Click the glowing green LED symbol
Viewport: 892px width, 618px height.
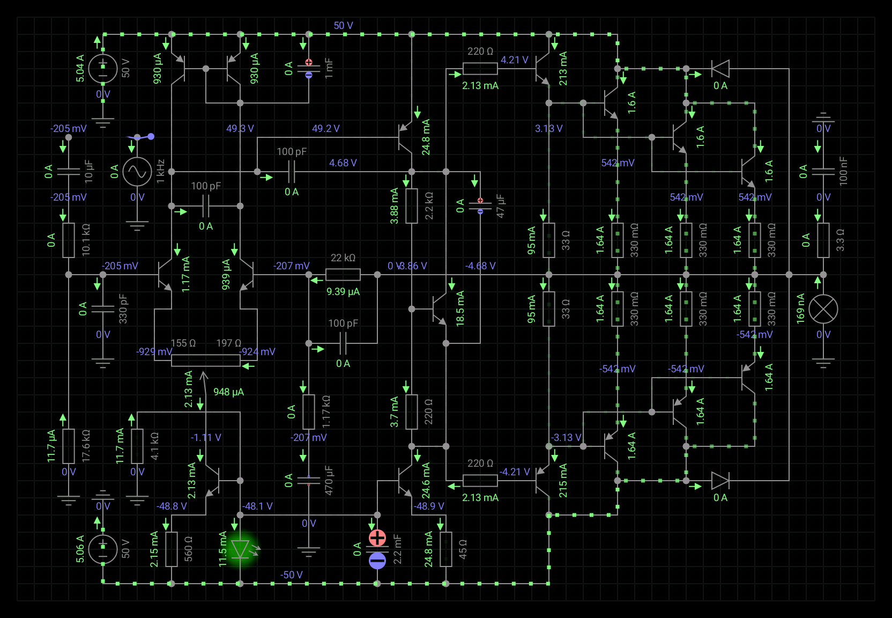pyautogui.click(x=240, y=549)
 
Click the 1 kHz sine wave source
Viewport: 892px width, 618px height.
pyautogui.click(x=137, y=172)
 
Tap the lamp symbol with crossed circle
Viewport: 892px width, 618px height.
pyautogui.click(x=823, y=309)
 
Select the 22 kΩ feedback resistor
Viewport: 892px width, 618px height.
pyautogui.click(x=343, y=275)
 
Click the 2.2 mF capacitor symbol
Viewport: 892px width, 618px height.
pyautogui.click(x=377, y=549)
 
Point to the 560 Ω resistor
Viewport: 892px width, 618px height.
pyautogui.click(x=172, y=549)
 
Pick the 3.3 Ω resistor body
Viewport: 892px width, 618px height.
pyautogui.click(x=823, y=240)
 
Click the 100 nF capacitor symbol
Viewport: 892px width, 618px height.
pyautogui.click(x=823, y=172)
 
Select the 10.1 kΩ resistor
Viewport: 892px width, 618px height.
pyautogui.click(x=69, y=240)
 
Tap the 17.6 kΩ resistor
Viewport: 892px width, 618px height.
pyautogui.click(x=69, y=446)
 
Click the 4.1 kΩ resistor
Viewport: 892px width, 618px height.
pyautogui.click(x=137, y=446)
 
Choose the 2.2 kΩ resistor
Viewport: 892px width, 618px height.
pyautogui.click(x=412, y=206)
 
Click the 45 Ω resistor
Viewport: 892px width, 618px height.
pyautogui.click(x=446, y=549)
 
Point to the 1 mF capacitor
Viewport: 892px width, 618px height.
pyautogui.click(x=309, y=69)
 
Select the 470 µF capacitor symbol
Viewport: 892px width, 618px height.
pyautogui.click(x=309, y=481)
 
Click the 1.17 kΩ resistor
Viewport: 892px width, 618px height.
pyautogui.click(x=309, y=412)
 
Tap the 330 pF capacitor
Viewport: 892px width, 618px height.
pyautogui.click(x=103, y=309)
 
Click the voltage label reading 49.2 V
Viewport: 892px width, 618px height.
pyautogui.click(x=326, y=129)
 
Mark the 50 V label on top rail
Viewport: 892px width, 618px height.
pyautogui.click(x=343, y=26)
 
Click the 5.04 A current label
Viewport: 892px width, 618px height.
pyautogui.click(x=80, y=68)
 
